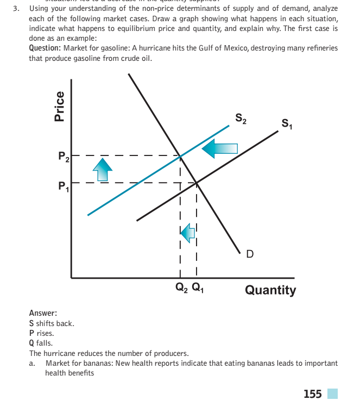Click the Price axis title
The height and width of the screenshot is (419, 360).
pyautogui.click(x=60, y=105)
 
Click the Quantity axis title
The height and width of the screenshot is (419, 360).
pyautogui.click(x=270, y=290)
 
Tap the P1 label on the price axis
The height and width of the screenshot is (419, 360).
pyautogui.click(x=64, y=186)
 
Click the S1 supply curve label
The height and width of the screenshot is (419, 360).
pyautogui.click(x=286, y=126)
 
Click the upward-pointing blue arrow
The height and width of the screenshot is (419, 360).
pyautogui.click(x=102, y=171)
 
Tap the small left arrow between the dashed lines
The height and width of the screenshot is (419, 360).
pyautogui.click(x=187, y=233)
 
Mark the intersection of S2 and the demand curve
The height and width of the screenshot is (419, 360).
pyautogui.click(x=180, y=157)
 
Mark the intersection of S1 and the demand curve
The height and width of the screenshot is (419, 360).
pyautogui.click(x=197, y=183)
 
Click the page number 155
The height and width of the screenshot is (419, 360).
pyautogui.click(x=313, y=393)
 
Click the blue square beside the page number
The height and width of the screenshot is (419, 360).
pyautogui.click(x=332, y=393)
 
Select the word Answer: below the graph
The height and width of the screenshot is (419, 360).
pyautogui.click(x=43, y=314)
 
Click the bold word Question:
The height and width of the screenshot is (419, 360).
pyautogui.click(x=45, y=48)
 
